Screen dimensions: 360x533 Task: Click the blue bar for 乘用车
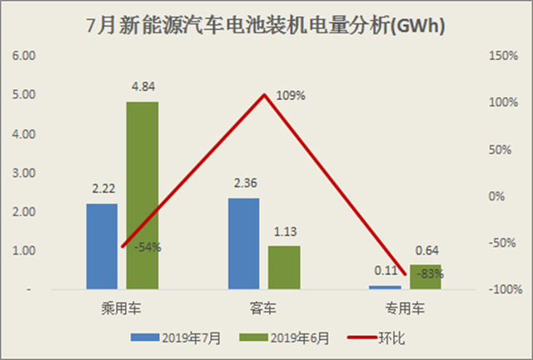102,247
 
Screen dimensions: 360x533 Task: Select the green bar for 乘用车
142,196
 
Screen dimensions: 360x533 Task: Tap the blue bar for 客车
243,243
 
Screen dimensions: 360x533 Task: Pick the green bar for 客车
284,267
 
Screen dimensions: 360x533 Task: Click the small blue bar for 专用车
385,287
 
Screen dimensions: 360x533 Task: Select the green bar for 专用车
425,277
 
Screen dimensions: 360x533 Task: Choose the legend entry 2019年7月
176,337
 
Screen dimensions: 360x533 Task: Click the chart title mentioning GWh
266,25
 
